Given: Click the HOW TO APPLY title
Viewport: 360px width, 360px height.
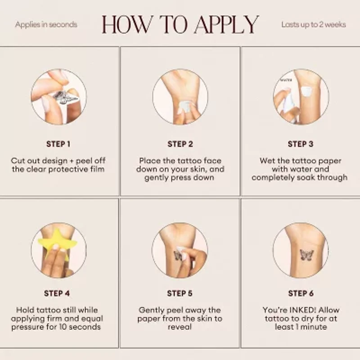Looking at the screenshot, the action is (180, 25).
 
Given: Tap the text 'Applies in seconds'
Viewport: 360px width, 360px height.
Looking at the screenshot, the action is (46, 25).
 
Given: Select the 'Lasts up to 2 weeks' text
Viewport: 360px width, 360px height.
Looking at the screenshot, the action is (314, 25).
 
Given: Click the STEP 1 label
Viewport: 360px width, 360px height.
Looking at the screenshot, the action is (58, 144).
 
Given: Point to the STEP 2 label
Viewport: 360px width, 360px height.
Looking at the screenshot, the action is (180, 144).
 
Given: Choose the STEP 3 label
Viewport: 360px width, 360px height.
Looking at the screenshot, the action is (301, 144).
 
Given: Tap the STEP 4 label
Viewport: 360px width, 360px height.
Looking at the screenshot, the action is (57, 293).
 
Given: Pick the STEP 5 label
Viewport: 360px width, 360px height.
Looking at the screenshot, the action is (180, 293).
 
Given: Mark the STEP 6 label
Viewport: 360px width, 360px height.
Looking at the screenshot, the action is (301, 293).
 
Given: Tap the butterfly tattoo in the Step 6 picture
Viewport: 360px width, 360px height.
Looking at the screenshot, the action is (307, 255).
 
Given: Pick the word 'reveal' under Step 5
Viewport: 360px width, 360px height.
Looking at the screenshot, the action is (180, 327).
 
